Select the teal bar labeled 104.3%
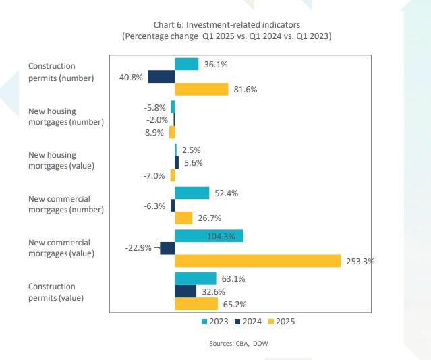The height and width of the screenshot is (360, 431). pyautogui.click(x=209, y=235)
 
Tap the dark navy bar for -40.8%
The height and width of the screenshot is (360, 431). pyautogui.click(x=161, y=77)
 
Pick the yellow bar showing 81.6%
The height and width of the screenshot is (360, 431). pyautogui.click(x=202, y=89)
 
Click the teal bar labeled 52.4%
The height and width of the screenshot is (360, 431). pyautogui.click(x=192, y=193)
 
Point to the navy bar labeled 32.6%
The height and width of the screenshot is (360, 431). pyautogui.click(x=185, y=291)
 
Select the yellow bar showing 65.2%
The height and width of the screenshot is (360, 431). pyautogui.click(x=196, y=304)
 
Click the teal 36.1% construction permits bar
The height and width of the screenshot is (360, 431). pyautogui.click(x=187, y=64)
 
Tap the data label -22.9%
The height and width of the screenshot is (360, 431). pyautogui.click(x=139, y=248)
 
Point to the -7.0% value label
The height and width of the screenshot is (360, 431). pyautogui.click(x=154, y=175)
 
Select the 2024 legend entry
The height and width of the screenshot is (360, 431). pyautogui.click(x=248, y=322)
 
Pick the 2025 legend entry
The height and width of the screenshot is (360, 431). pyautogui.click(x=282, y=322)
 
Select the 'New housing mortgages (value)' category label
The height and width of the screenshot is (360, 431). pyautogui.click(x=61, y=160)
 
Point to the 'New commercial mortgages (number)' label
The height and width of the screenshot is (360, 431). pyautogui.click(x=66, y=204)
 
